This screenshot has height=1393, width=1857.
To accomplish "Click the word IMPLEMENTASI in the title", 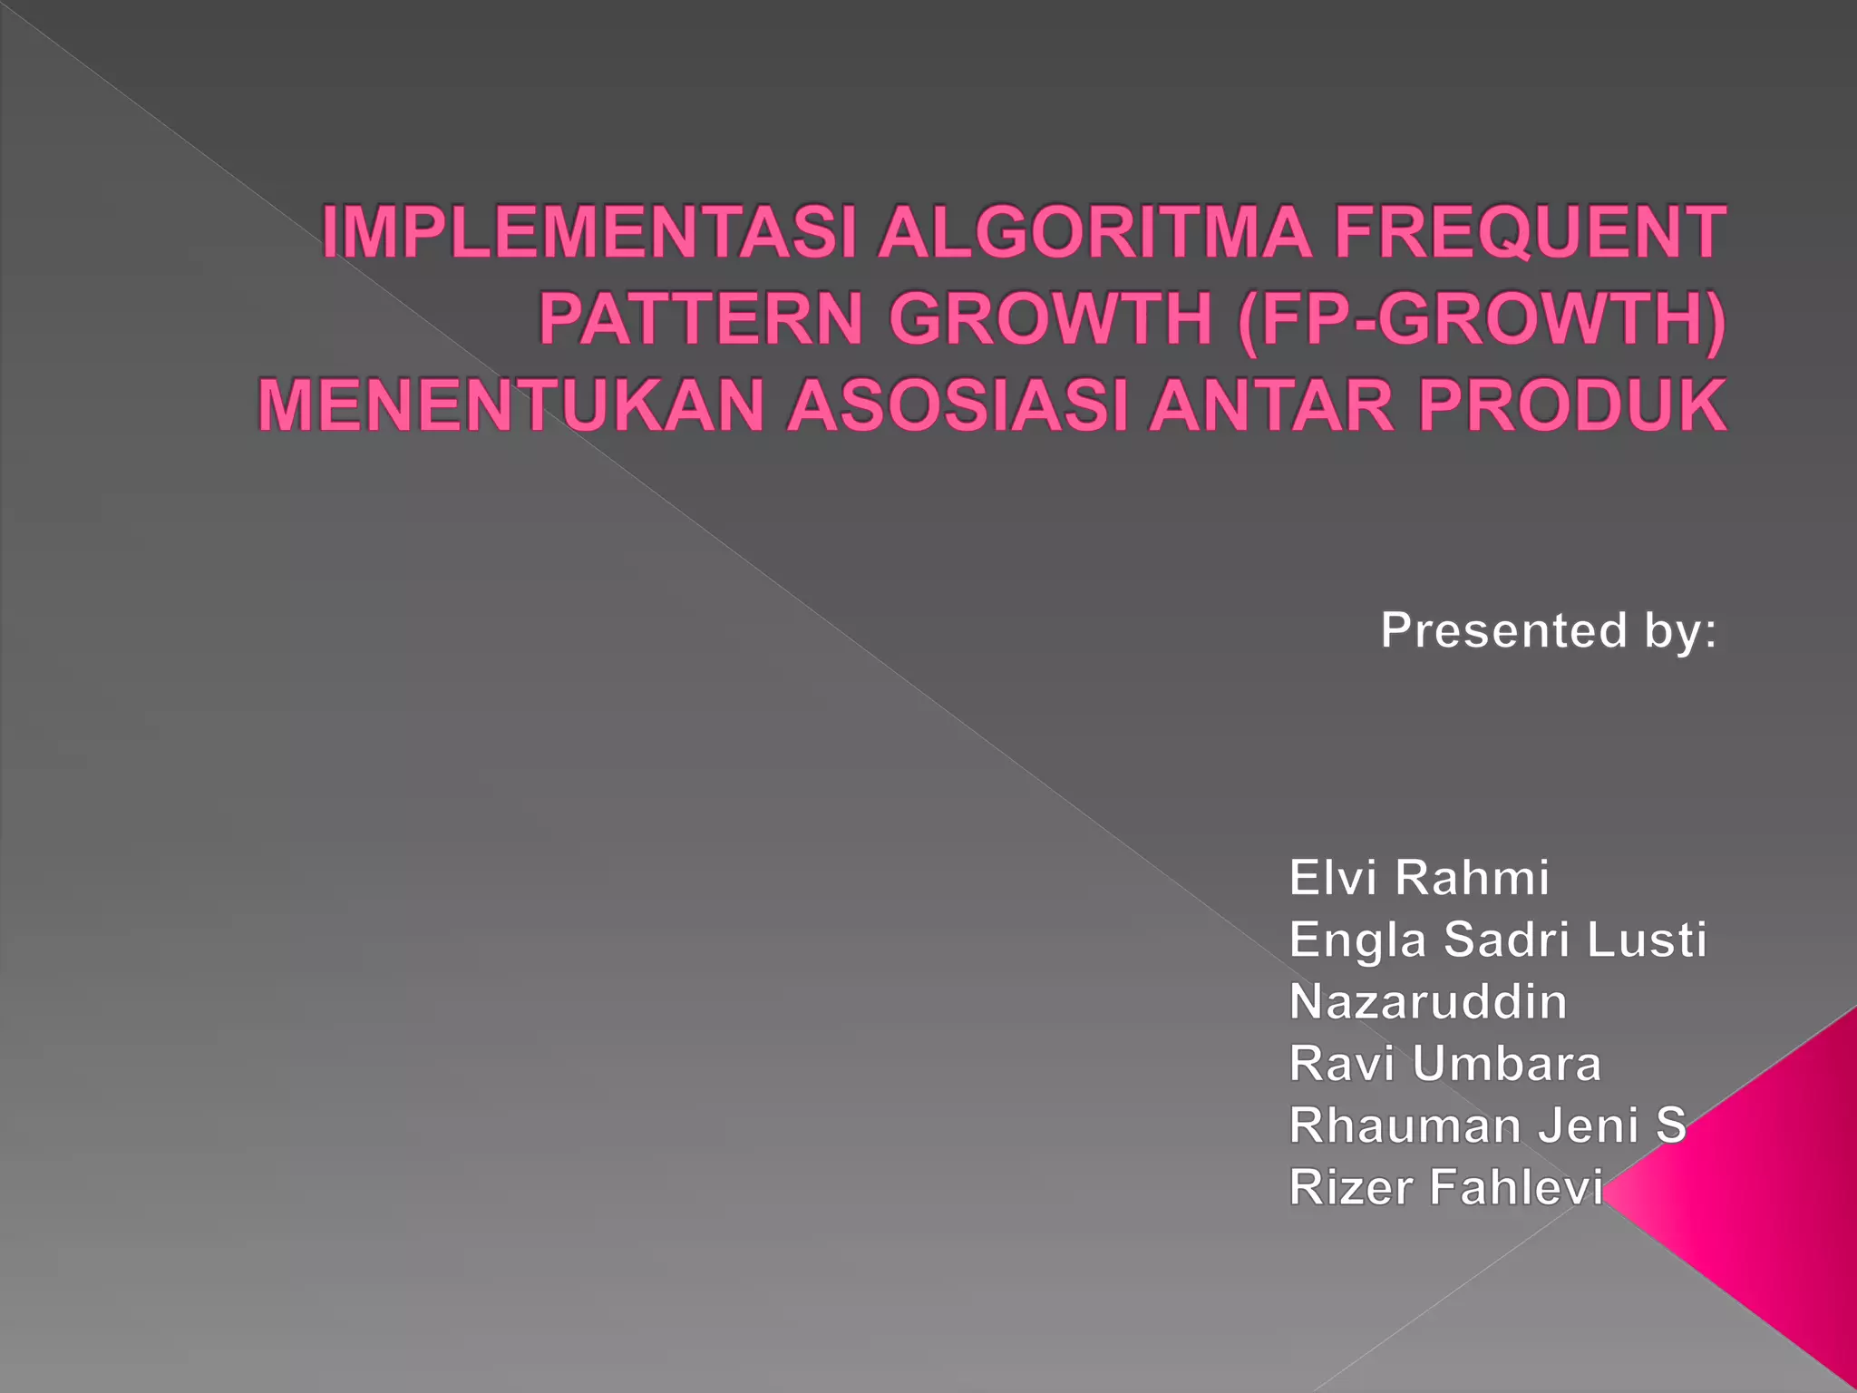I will point(589,232).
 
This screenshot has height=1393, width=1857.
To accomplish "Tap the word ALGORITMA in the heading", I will point(1094,232).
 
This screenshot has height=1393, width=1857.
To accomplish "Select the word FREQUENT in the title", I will point(1530,232).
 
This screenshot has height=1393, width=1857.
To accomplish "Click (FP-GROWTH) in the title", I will point(1481,319).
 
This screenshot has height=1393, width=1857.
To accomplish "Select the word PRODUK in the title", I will point(1572,405).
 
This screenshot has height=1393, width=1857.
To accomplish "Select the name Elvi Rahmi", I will point(1419,878).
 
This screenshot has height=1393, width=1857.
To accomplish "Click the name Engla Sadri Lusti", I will point(1498,940).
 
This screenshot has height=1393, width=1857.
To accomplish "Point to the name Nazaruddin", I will point(1428,1002).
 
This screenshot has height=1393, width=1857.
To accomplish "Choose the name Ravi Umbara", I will point(1445,1064).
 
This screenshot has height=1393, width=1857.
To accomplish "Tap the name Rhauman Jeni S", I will point(1487,1125).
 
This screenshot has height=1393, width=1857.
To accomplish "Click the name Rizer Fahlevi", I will point(1446,1187).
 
